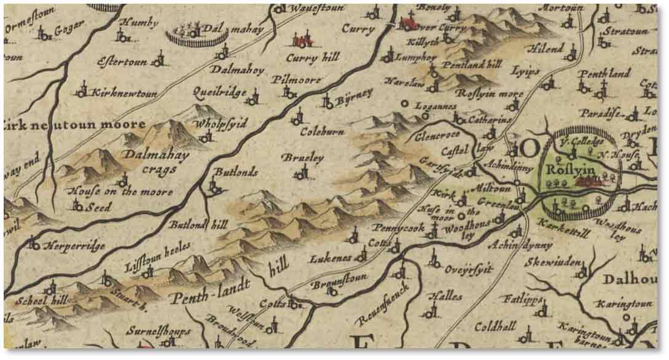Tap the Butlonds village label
coord(236,173)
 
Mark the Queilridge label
coord(219,93)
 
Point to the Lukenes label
coord(331,257)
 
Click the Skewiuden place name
coord(552,262)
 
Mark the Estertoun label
coord(124,62)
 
